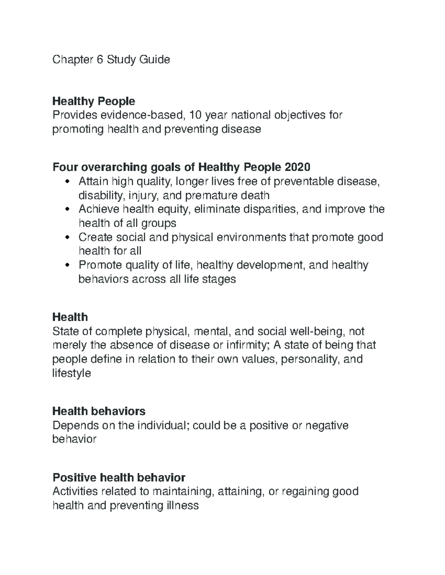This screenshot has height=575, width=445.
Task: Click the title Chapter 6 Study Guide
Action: (x=111, y=60)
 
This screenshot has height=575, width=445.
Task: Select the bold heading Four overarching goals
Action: (x=181, y=167)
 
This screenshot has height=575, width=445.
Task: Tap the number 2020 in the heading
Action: (x=297, y=167)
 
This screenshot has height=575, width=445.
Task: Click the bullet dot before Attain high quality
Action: (x=67, y=182)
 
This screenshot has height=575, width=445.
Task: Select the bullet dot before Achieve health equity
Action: (x=67, y=210)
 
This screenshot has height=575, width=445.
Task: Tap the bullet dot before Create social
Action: (x=67, y=237)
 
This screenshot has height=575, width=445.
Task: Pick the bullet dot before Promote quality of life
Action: (x=67, y=265)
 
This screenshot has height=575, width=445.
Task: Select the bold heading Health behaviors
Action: (x=99, y=411)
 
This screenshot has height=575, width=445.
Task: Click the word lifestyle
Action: (x=72, y=373)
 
